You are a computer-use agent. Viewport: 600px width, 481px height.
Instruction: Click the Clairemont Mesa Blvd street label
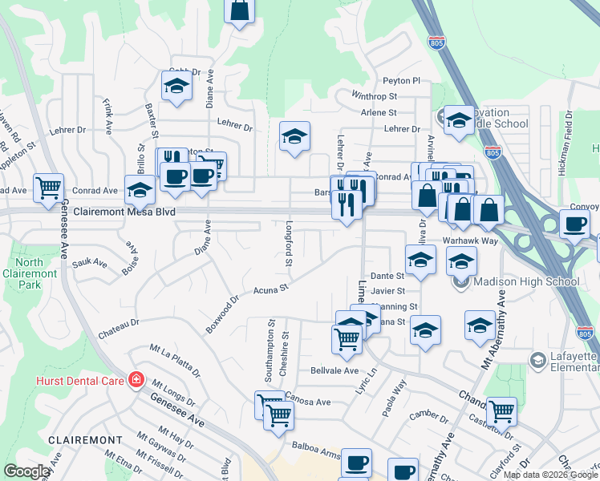(x=123, y=212)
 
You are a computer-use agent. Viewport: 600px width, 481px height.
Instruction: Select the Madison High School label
(x=525, y=281)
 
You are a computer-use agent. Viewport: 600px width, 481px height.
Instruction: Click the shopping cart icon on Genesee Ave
(x=49, y=188)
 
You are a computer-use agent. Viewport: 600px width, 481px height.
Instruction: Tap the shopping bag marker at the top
(x=240, y=11)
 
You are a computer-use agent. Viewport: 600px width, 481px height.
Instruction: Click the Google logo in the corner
(x=26, y=471)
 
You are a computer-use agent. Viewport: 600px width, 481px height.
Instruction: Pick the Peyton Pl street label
(x=402, y=81)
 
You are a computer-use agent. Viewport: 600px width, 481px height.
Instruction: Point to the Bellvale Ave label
(x=334, y=370)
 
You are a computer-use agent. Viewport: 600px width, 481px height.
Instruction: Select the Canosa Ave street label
(x=308, y=402)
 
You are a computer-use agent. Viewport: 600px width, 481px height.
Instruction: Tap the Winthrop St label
(x=375, y=95)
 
